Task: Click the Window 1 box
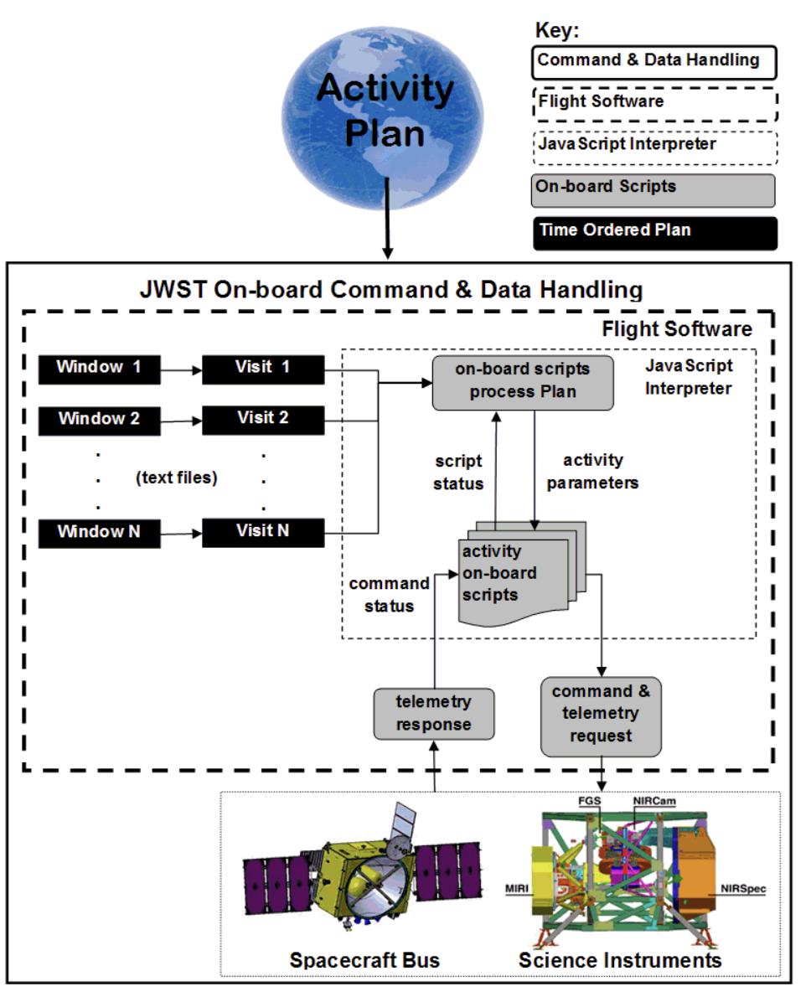pyautogui.click(x=99, y=367)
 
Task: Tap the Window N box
pyautogui.click(x=99, y=531)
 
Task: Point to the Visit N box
pyautogui.click(x=263, y=531)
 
